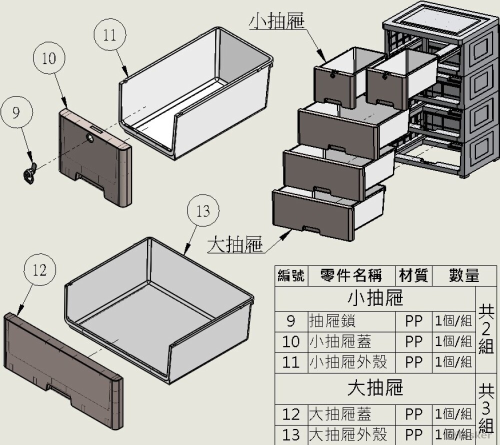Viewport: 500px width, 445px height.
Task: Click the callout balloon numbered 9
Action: click(x=16, y=112)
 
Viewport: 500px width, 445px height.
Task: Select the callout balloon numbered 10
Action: click(x=49, y=58)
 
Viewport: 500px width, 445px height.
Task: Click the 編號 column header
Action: click(x=291, y=275)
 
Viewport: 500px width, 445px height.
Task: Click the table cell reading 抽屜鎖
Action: click(x=332, y=321)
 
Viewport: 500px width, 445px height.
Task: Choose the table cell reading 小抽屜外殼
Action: click(x=348, y=362)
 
